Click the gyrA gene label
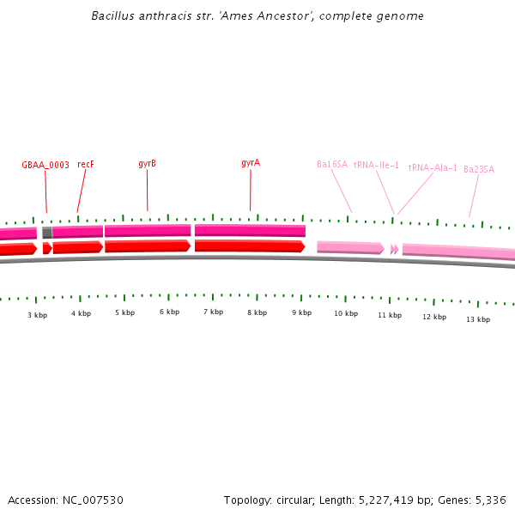click(251, 162)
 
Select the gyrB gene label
click(147, 163)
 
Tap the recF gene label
click(86, 164)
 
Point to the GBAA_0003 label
click(45, 166)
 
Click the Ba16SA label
click(332, 164)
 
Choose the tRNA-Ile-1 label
click(376, 165)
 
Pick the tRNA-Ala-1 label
click(433, 167)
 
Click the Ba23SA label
click(479, 169)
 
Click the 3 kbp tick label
click(37, 315)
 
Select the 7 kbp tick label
click(213, 312)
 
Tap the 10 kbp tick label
click(346, 313)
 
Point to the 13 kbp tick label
click(478, 319)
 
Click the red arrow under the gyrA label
click(249, 246)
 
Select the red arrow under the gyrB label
click(147, 246)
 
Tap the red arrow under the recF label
click(77, 247)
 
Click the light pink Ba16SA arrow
click(349, 247)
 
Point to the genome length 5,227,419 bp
click(388, 500)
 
